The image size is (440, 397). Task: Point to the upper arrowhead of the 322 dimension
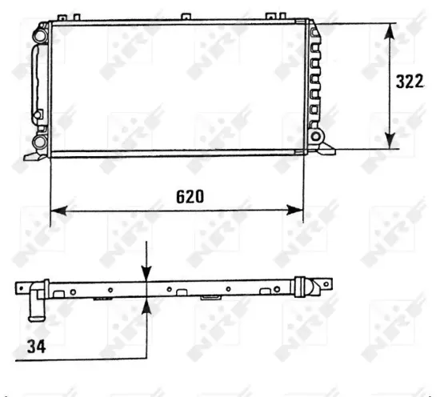[390, 30]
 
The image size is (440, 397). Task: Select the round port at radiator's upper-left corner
[40, 34]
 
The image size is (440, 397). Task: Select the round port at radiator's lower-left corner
[39, 142]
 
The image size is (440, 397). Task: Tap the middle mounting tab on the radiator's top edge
[187, 17]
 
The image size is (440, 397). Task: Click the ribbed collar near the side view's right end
[301, 287]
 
